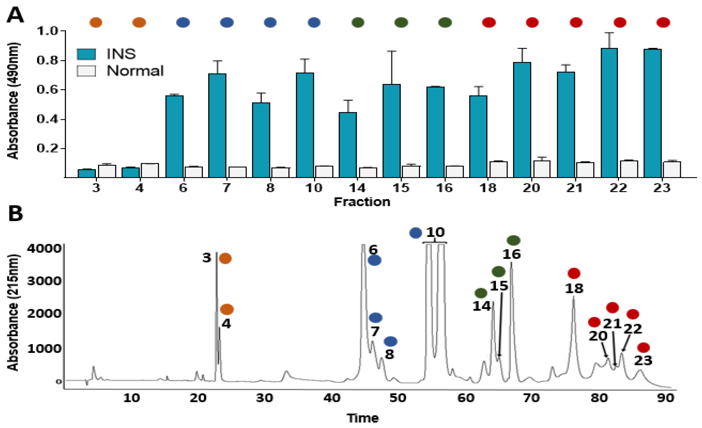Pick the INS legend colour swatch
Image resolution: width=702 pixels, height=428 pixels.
click(86, 54)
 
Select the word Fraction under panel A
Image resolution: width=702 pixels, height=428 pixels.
click(362, 202)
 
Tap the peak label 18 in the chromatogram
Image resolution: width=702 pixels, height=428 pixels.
click(574, 289)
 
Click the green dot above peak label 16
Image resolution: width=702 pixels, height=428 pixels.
click(513, 241)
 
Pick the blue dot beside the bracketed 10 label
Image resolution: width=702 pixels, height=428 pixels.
click(415, 233)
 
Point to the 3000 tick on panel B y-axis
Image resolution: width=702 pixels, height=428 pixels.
click(44, 281)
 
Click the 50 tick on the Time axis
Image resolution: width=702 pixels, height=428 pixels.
click(398, 398)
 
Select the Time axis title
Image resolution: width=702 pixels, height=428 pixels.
click(363, 418)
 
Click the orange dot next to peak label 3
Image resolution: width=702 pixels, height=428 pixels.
click(225, 259)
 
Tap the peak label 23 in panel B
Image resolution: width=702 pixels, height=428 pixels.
click(643, 360)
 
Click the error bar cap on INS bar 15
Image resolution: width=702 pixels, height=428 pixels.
click(391, 51)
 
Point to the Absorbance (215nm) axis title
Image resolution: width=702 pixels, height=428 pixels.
click(13, 312)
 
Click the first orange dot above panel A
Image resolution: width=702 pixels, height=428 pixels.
click(96, 22)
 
